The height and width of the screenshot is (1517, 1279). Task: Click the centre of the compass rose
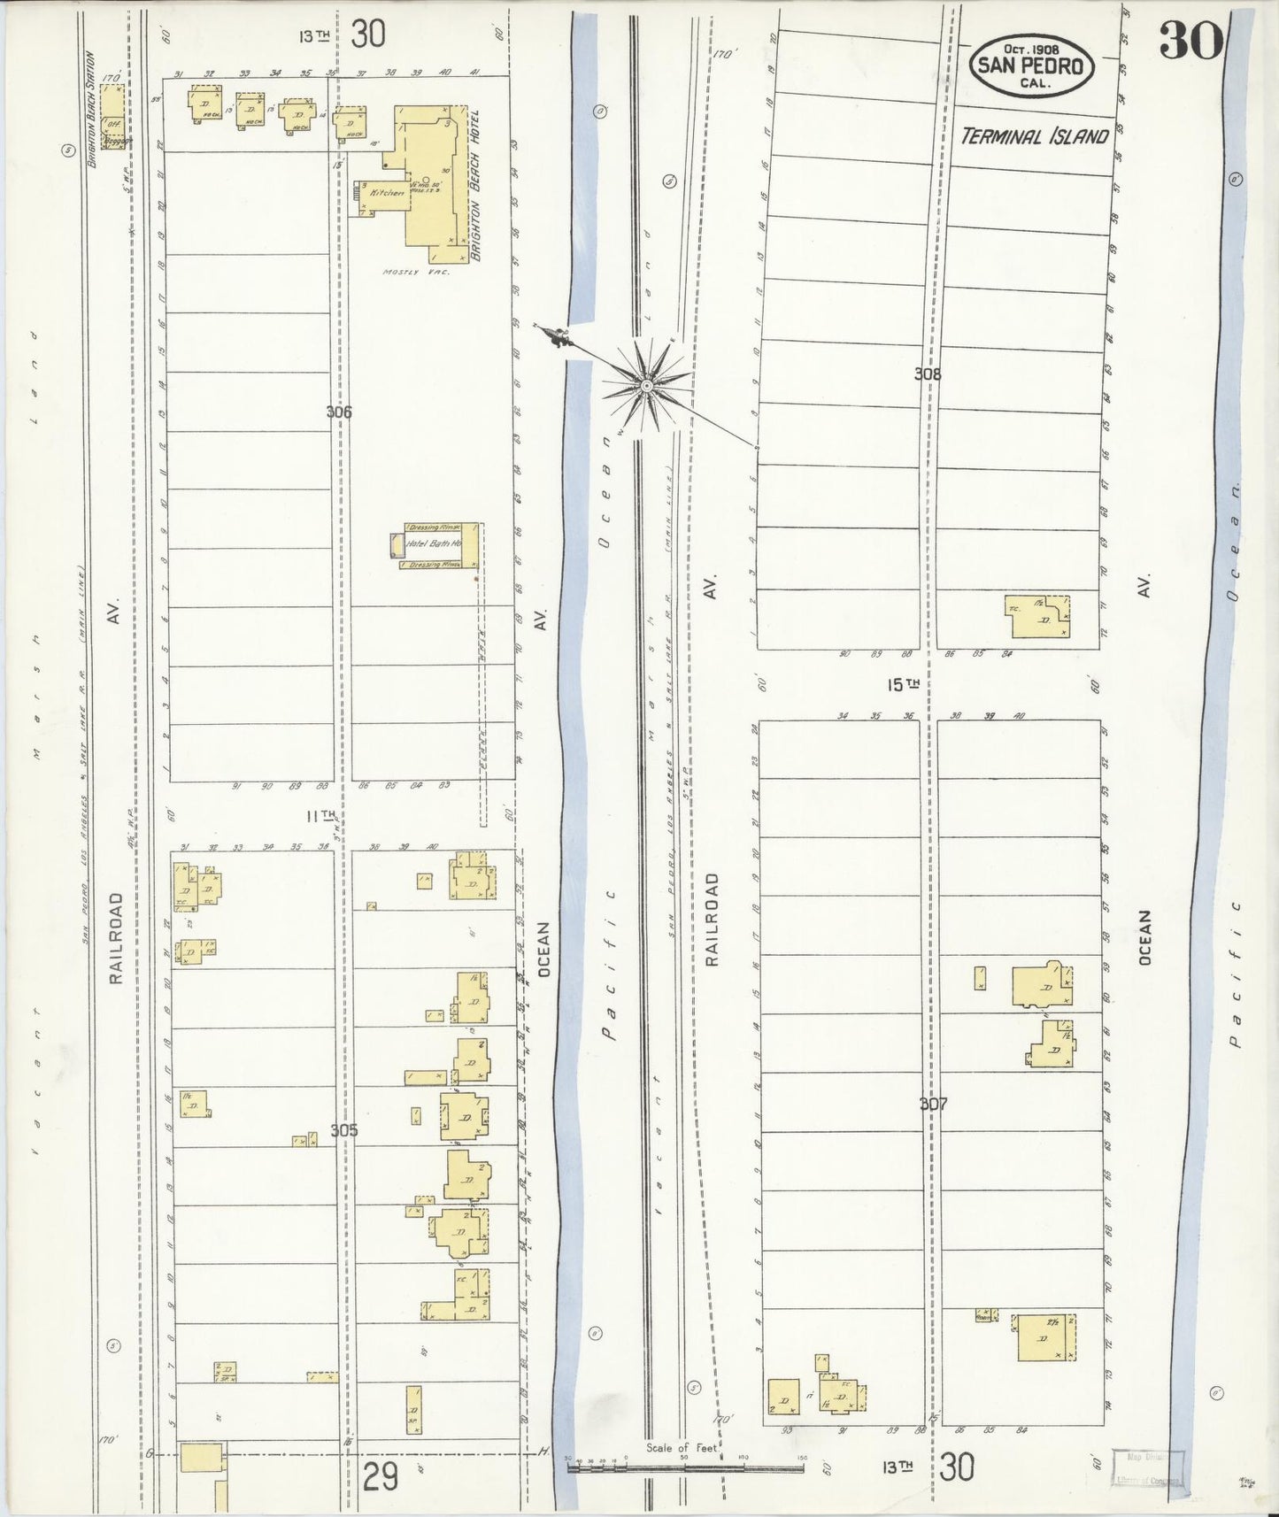point(647,386)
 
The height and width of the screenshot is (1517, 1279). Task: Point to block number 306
point(339,412)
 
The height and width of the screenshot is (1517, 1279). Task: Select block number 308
point(928,374)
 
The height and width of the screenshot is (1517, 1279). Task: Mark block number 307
point(933,1104)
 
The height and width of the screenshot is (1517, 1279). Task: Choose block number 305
point(343,1130)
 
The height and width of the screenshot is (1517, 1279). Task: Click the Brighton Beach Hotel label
point(475,185)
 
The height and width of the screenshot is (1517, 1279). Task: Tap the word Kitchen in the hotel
point(388,192)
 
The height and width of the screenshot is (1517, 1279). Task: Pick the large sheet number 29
point(381,1477)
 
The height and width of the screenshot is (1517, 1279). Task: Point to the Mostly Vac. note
point(416,273)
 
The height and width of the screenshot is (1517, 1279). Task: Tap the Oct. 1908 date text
point(1032,50)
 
